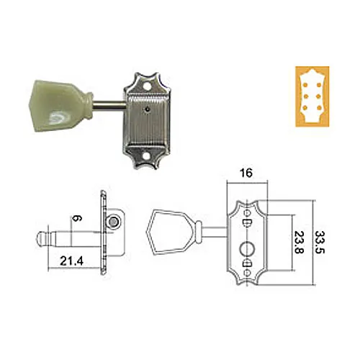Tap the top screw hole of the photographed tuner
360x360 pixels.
point(147,85)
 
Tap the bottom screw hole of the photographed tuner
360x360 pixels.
point(146,156)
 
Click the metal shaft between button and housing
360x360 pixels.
point(109,106)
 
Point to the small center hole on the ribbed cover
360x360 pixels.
point(147,109)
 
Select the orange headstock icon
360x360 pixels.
point(312,96)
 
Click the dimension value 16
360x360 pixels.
point(246,173)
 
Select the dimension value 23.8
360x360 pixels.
point(299,243)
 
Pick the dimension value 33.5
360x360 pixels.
point(320,243)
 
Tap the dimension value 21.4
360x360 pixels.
point(71,261)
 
